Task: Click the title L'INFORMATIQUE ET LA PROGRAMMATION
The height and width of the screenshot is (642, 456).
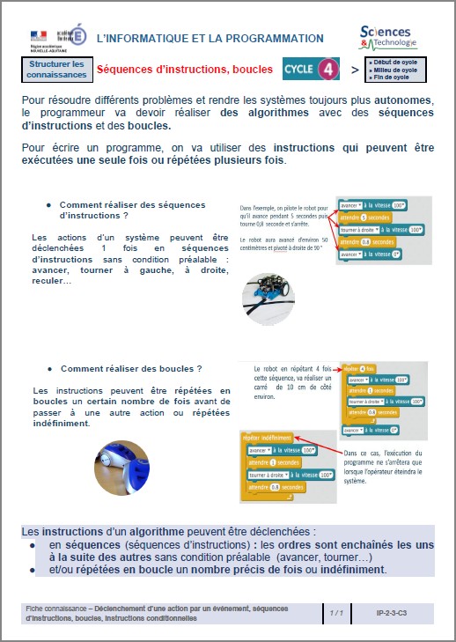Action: pyautogui.click(x=209, y=39)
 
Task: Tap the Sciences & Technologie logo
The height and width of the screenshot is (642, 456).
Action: pyautogui.click(x=393, y=36)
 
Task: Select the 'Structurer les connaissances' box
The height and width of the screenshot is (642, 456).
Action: pyautogui.click(x=56, y=70)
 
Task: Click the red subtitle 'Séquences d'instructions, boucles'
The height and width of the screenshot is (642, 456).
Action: pyautogui.click(x=184, y=70)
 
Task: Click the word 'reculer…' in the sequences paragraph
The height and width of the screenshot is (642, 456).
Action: pyautogui.click(x=53, y=280)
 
